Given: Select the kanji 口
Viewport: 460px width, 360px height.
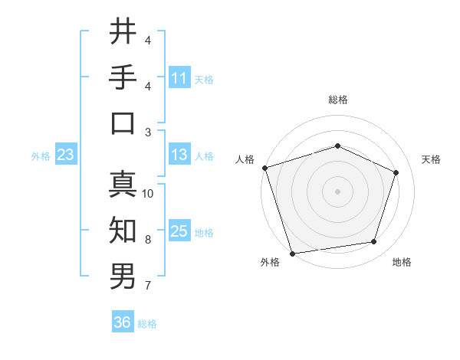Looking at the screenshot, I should click(x=123, y=123).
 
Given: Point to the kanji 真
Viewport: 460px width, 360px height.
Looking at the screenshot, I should click(x=123, y=185).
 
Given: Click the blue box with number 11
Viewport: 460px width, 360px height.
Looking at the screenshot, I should click(x=179, y=77).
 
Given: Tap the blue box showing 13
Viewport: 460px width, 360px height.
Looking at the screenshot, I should click(x=179, y=155).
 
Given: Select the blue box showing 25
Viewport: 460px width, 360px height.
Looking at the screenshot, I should click(x=179, y=231).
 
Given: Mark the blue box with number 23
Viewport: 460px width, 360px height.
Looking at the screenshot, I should click(x=65, y=155).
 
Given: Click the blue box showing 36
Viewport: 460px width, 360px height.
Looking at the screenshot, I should click(x=123, y=322).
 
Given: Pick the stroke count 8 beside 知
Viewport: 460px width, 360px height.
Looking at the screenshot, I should click(x=148, y=240).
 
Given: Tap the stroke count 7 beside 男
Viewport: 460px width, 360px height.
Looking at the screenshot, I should click(x=148, y=286).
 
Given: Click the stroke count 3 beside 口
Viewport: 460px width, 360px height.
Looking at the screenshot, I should click(x=148, y=132).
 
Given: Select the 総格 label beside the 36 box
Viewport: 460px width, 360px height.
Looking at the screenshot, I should click(x=148, y=323).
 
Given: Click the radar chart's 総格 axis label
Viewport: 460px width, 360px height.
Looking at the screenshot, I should click(x=337, y=100).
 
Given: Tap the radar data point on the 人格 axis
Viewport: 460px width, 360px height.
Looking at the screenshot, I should click(x=264, y=168).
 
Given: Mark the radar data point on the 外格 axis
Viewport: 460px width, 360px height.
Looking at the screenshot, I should click(x=292, y=253).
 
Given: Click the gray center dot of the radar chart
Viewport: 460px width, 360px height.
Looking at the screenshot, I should click(x=337, y=191).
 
